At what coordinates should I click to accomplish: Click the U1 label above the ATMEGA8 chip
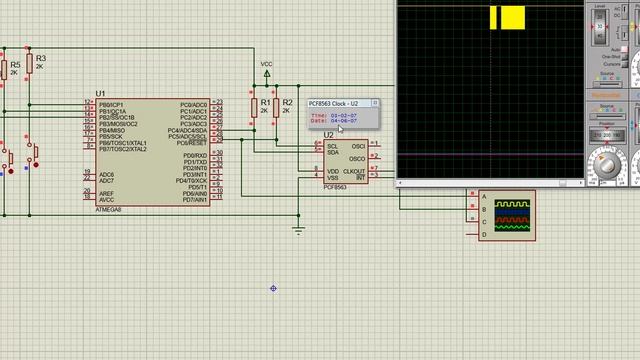[100, 93]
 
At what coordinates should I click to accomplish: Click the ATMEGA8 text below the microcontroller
[108, 210]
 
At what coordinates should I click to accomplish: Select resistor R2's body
[275, 105]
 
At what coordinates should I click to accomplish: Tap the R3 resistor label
[40, 59]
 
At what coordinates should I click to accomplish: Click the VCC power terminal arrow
[266, 72]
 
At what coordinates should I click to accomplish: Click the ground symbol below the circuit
[298, 231]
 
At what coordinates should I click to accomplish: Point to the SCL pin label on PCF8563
[332, 146]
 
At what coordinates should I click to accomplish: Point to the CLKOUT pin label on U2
[355, 171]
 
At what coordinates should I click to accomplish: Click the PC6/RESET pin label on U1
[194, 143]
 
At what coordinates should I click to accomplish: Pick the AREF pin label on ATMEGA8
[106, 193]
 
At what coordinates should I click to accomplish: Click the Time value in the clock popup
[345, 115]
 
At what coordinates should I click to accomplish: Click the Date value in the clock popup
[345, 121]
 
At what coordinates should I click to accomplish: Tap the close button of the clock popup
[376, 103]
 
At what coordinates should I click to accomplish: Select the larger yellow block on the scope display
[514, 18]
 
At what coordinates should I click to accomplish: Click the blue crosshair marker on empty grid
[273, 288]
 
